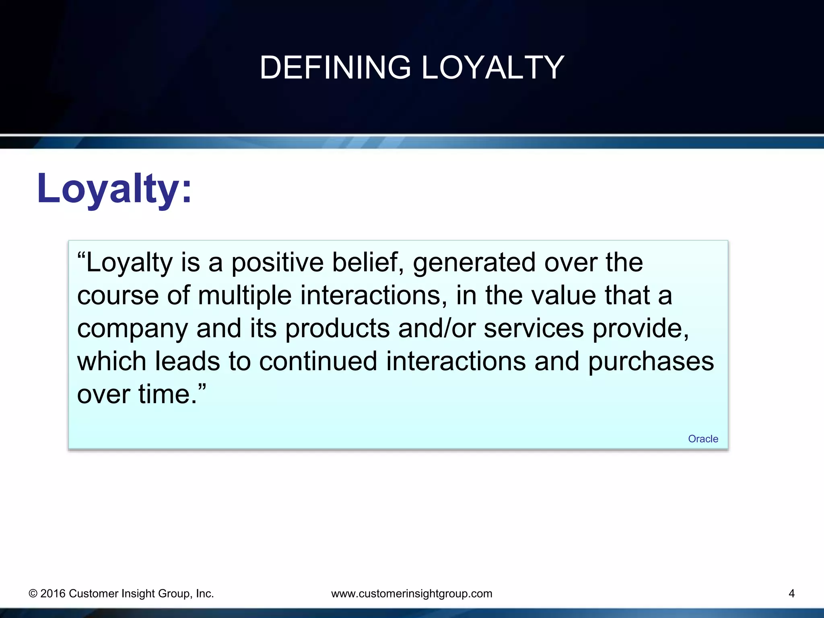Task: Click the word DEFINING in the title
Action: coord(335,68)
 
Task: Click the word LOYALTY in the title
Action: coord(493,68)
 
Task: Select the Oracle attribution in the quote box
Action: coord(703,439)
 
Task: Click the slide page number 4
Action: coord(791,593)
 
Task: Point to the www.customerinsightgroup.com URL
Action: coord(412,593)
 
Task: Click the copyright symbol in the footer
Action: coord(33,594)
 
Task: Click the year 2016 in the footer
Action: coord(53,593)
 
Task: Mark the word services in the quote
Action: coord(533,329)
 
